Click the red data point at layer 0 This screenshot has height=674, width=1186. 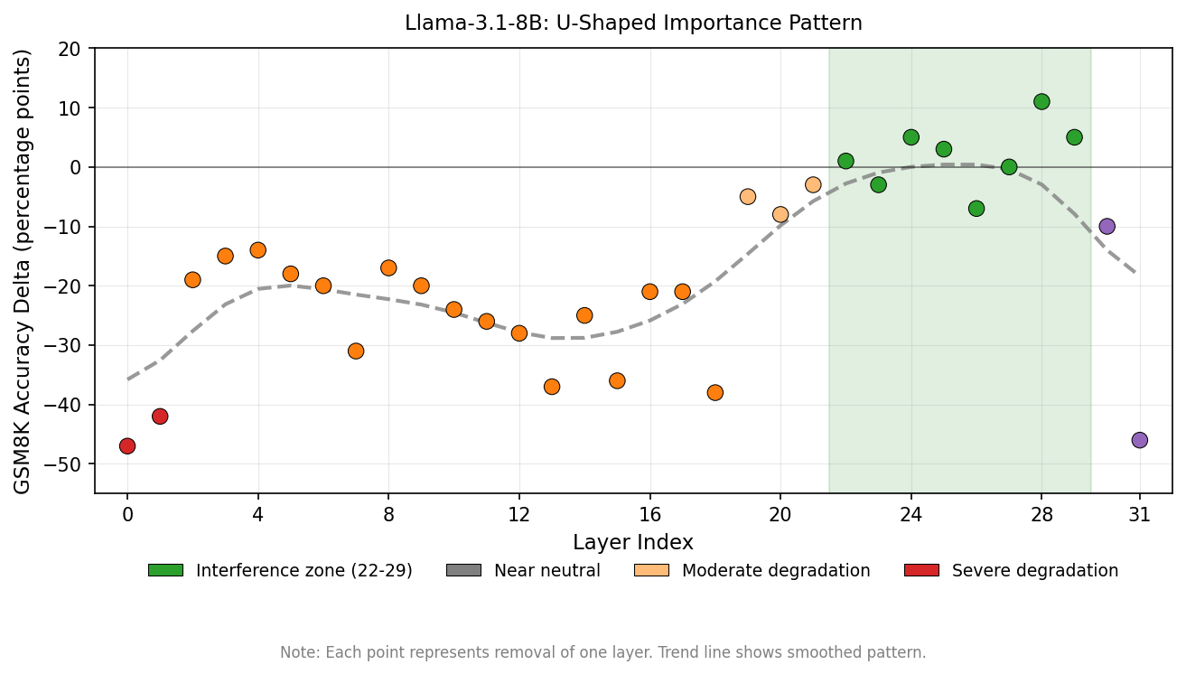click(x=127, y=446)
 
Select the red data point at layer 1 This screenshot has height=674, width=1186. click(x=160, y=417)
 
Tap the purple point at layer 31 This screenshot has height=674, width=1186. click(x=1139, y=440)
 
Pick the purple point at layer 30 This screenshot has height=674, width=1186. click(x=1107, y=227)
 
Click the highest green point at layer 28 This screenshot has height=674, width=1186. click(x=1041, y=102)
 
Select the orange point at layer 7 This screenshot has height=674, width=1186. click(x=356, y=351)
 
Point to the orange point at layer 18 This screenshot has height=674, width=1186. click(x=714, y=393)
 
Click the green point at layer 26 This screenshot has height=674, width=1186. click(x=976, y=209)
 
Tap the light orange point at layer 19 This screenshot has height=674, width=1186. click(x=748, y=197)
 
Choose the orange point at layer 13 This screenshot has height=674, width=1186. click(x=552, y=387)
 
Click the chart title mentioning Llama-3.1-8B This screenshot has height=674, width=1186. click(x=633, y=23)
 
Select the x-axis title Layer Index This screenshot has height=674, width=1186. click(x=633, y=543)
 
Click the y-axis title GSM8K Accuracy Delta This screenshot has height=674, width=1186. click(x=23, y=271)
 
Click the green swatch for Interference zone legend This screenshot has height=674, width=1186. click(x=165, y=571)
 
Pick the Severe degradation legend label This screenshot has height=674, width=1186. click(x=1034, y=571)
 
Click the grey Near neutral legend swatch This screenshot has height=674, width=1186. click(x=463, y=571)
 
